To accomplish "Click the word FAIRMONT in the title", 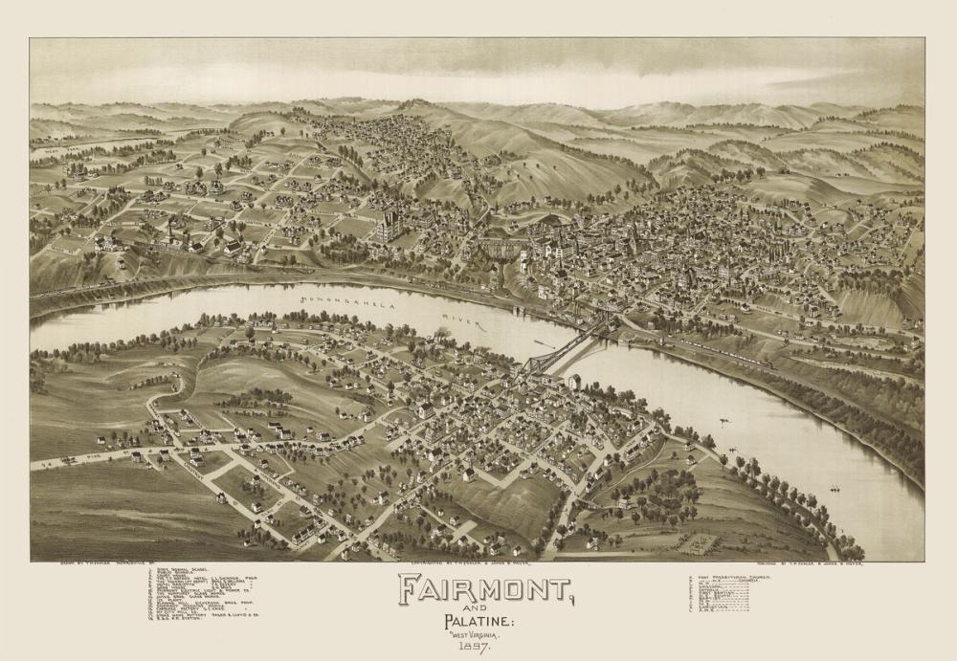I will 484,588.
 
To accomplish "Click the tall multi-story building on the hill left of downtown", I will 389,228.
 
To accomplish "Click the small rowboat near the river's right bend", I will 834,489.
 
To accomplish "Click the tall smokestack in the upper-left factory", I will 170,230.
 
